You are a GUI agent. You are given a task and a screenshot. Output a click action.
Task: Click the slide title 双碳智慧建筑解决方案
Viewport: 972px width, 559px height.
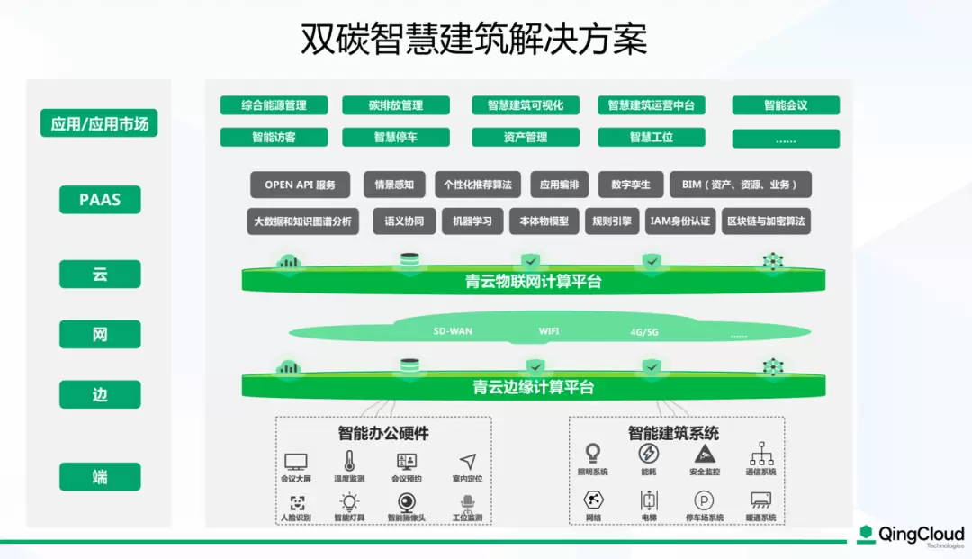coord(473,40)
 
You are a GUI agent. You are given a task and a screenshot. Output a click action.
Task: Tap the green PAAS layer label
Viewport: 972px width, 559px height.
coord(100,200)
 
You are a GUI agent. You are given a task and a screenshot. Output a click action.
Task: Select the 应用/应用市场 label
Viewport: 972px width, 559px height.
coord(99,123)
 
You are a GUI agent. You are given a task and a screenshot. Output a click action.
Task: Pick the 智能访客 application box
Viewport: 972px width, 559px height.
coord(274,138)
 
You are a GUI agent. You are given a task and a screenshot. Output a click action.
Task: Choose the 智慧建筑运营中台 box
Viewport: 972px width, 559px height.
coord(651,105)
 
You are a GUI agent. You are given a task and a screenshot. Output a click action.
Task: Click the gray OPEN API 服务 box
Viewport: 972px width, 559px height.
coord(300,185)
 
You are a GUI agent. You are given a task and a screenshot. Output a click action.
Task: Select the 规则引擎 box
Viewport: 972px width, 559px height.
coord(611,221)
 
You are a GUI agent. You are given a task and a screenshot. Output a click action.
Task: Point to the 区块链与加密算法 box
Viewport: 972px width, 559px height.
coord(766,221)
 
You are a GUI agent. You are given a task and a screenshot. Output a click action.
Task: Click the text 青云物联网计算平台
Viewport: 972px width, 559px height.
coord(533,282)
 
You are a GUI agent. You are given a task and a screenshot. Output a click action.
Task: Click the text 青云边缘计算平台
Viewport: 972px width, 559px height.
coord(533,388)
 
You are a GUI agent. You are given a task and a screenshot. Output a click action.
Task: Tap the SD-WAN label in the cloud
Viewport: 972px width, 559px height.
coord(453,331)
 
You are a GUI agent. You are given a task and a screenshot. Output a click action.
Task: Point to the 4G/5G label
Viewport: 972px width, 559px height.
coord(644,332)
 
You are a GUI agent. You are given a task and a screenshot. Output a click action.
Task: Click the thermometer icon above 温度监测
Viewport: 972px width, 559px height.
coord(349,461)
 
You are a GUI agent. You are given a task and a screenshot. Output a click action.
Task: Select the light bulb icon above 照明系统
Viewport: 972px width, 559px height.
coord(593,453)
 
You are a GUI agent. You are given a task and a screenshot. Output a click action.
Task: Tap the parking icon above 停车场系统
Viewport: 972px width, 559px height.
coord(704,500)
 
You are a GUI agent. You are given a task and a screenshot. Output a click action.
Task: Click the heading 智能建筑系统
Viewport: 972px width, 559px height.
coord(673,433)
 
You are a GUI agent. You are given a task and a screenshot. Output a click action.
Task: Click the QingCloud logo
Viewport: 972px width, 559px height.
coord(910,536)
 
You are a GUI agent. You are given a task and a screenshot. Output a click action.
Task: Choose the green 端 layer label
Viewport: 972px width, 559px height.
coord(100,477)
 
